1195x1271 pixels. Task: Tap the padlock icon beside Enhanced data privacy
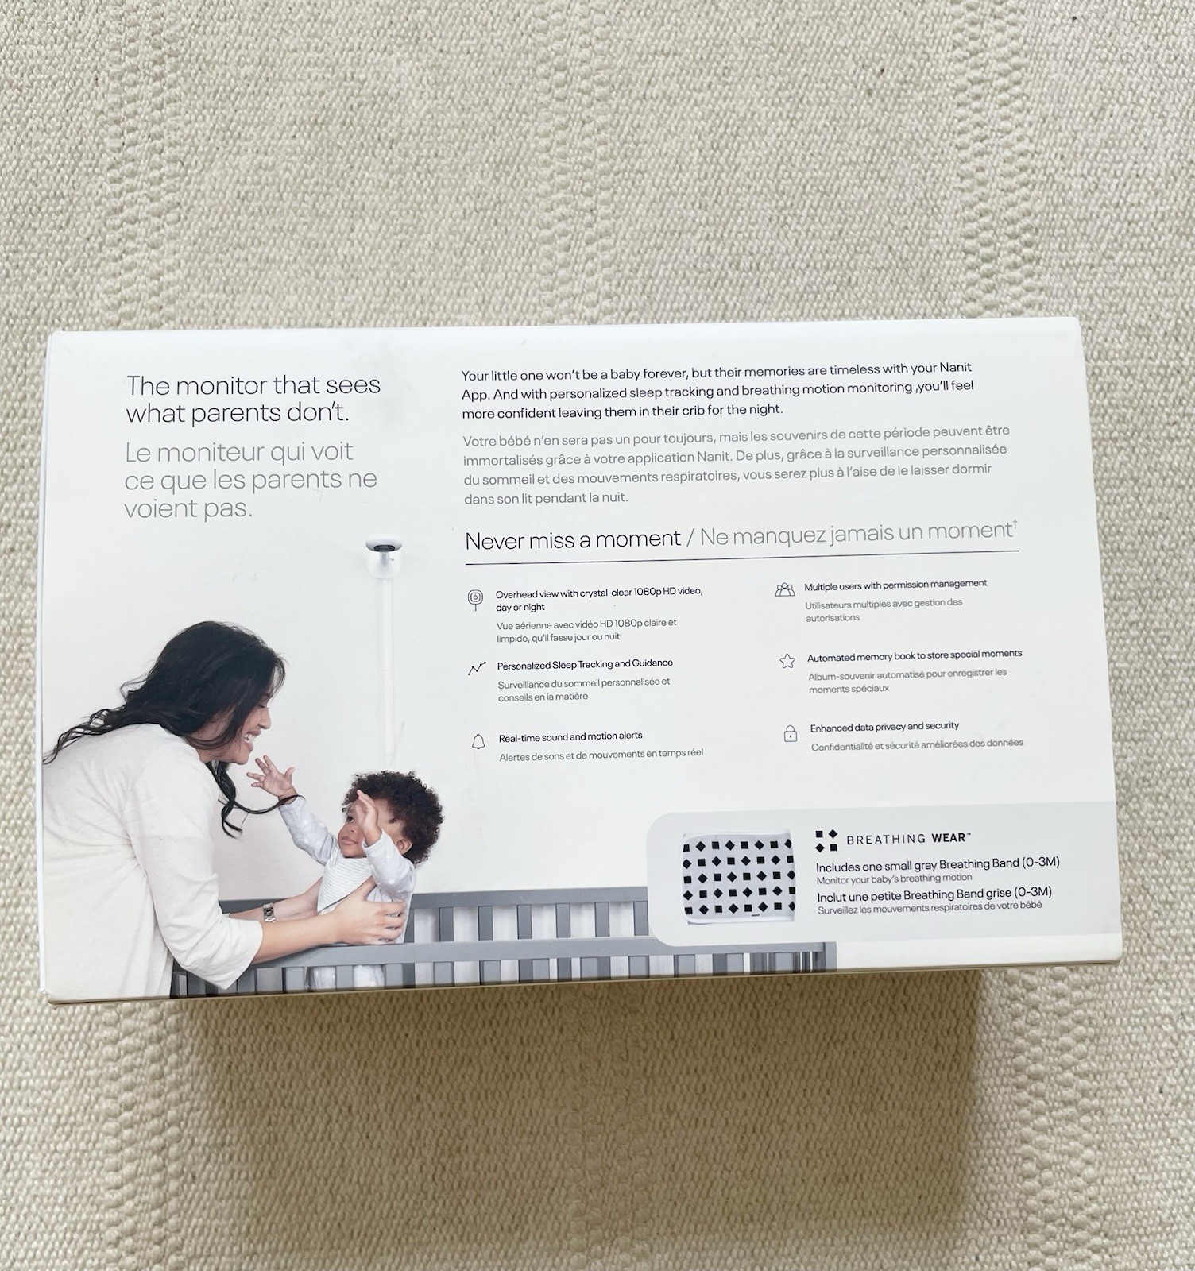coord(790,733)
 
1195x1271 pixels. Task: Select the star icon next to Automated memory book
coord(787,661)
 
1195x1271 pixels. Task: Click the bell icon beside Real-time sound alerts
coord(478,742)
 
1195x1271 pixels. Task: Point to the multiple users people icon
coord(784,589)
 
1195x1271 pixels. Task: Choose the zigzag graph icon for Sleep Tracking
coord(476,669)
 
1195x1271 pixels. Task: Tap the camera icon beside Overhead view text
coord(475,599)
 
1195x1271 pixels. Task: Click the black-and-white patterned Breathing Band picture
coord(738,878)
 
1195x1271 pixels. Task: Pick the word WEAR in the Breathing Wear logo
coord(950,837)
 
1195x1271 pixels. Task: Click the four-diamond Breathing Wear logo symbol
coord(826,840)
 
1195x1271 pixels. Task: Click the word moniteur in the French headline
coord(206,453)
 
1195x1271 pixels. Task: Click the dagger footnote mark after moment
coord(1015,523)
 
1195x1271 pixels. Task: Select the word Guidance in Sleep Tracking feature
coord(652,663)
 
